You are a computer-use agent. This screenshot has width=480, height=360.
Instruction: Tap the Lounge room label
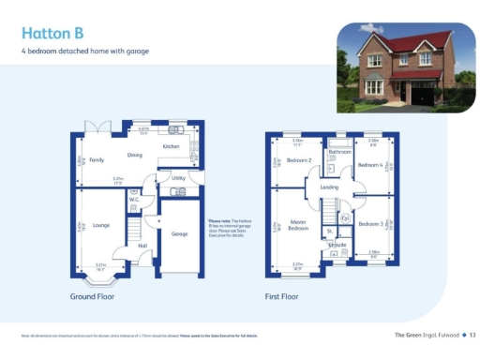click(101, 225)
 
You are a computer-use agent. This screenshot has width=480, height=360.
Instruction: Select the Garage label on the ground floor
click(181, 233)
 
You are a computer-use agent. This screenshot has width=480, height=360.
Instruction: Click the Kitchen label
click(171, 146)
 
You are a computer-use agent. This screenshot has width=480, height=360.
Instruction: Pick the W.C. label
click(135, 199)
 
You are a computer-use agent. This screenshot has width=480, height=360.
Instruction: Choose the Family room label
click(97, 160)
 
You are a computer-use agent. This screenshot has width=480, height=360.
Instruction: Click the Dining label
click(135, 155)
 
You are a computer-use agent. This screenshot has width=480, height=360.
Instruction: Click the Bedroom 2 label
click(299, 160)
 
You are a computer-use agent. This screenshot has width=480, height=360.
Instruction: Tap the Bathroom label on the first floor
click(339, 151)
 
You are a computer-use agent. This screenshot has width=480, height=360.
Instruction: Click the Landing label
click(329, 187)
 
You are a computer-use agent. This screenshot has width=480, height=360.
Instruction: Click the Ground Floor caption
click(93, 296)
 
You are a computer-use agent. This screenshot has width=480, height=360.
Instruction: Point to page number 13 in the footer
click(472, 335)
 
